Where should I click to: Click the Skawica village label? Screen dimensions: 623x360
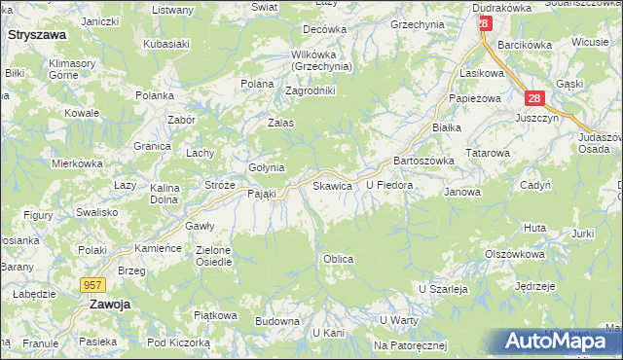pos(331,185)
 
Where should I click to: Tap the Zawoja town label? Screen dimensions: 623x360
pos(110,304)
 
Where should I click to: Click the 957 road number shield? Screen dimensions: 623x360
pos(92,284)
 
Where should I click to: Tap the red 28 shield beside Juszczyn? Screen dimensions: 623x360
pos(533,98)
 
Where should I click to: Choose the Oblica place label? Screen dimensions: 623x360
pos(337,260)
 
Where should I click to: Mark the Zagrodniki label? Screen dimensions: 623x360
pos(310,90)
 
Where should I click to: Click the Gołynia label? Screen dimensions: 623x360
pos(265,167)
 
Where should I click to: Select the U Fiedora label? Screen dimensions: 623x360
pos(389,184)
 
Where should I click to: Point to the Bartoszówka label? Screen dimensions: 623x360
pos(419,161)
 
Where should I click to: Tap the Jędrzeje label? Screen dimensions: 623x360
pos(535,286)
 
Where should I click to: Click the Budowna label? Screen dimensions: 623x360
pos(276,320)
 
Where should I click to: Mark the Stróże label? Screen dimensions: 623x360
pos(220,184)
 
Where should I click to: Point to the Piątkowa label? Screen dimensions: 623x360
pos(215,315)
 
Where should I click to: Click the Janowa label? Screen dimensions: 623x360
pos(462,192)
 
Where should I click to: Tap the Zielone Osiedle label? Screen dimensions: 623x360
pos(213,256)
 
